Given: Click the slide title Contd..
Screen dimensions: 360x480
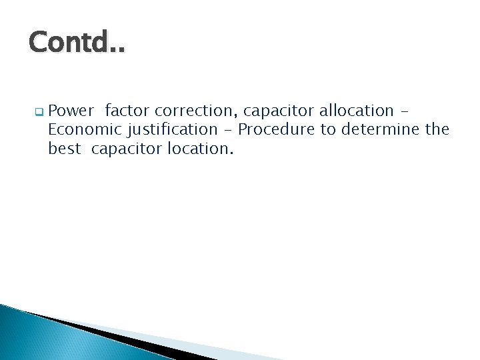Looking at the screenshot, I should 76,45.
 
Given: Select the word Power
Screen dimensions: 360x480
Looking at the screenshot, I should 71,110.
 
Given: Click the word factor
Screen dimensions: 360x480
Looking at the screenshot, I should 127,110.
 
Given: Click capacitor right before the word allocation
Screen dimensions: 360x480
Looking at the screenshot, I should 281,110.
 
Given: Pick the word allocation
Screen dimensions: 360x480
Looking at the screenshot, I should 358,110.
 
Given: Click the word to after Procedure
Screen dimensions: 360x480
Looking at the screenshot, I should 328,129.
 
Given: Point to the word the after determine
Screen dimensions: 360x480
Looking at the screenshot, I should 437,129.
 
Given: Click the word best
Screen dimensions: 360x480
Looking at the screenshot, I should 65,149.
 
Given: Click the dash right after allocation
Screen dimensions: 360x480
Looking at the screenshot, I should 407,111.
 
